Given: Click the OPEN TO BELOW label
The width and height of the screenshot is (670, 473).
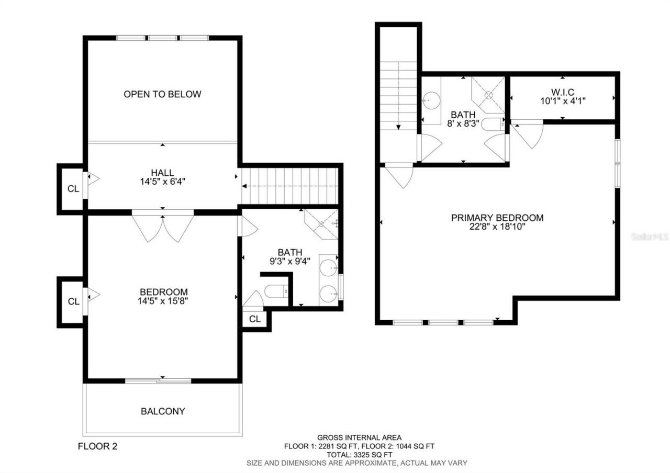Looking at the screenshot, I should pos(162,94).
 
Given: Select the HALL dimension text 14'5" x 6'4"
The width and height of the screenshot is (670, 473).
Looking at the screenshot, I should pos(162,182).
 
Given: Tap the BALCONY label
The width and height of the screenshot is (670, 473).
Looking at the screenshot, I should pos(163,411).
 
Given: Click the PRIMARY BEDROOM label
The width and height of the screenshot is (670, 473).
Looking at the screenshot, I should pos(497,218).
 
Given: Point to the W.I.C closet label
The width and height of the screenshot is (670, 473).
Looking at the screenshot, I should pos(562,92).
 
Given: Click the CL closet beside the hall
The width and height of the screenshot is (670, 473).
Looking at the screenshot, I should pos(73,189).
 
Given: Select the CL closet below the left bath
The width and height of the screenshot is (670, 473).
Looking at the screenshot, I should pos(255,319).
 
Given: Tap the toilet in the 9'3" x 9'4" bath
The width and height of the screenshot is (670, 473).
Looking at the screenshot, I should pos(275,290).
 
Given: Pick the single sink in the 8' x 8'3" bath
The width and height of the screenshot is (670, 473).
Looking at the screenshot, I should pos(432,98).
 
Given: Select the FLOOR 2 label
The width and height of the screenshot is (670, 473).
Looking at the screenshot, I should pos(98,446).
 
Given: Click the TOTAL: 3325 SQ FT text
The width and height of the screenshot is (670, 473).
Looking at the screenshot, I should pos(359,455).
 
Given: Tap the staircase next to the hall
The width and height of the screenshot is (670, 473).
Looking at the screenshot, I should pos(291,186).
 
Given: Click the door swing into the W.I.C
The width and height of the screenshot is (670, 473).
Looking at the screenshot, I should pos(528,133).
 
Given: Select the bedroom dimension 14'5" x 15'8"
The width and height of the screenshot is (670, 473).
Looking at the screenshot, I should pos(163,301).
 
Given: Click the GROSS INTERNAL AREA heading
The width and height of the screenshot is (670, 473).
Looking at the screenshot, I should pos(359,437).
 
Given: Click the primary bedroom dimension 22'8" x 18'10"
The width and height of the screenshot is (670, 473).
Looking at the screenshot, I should pos(497,227).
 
